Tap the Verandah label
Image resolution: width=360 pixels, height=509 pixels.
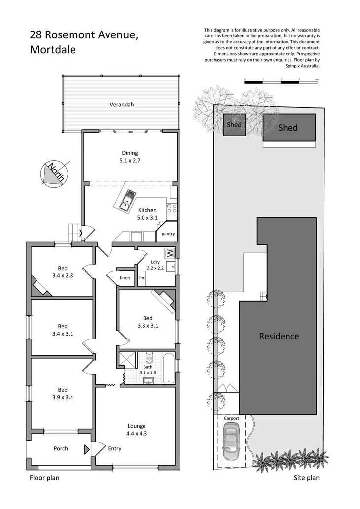click(x=121, y=104)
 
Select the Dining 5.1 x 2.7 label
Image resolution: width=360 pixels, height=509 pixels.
click(x=130, y=157)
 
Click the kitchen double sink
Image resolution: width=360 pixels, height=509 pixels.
click(x=127, y=201)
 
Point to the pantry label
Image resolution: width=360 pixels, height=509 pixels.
click(x=168, y=234)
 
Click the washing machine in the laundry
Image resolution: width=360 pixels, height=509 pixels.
click(x=170, y=253)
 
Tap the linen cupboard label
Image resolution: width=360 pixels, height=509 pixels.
click(x=125, y=278)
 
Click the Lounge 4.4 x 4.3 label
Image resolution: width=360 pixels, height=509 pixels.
click(x=136, y=430)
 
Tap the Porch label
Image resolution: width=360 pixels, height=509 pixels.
click(x=61, y=448)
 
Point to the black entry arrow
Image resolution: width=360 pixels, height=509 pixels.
click(x=87, y=449)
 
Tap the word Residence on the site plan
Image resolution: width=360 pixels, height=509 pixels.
click(x=279, y=336)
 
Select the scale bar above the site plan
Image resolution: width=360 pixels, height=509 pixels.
click(x=281, y=82)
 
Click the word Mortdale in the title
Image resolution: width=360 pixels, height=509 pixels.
click(x=53, y=50)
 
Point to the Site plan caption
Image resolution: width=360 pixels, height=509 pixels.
click(x=306, y=477)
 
